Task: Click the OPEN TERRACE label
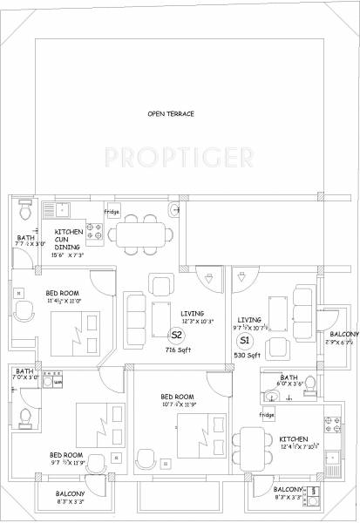170,114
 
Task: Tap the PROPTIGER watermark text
180,157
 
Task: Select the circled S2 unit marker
175,334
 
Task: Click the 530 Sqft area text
245,356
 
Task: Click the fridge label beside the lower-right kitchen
266,416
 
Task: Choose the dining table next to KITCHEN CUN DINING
143,233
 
